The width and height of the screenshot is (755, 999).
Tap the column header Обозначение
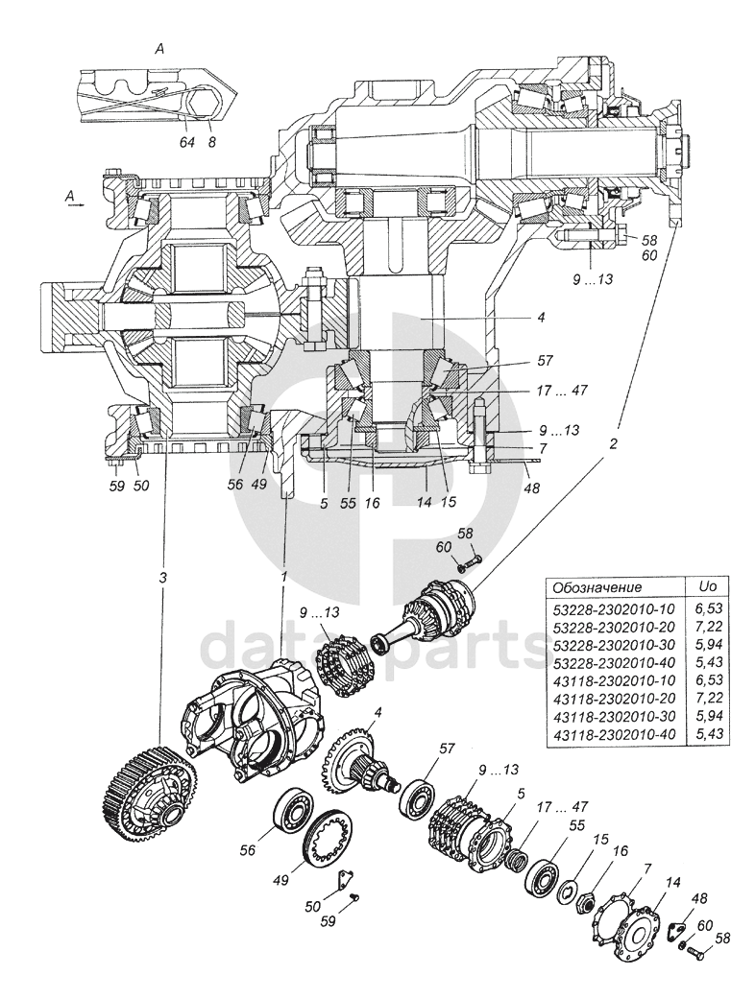597,586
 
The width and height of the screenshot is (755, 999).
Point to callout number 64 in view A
186,142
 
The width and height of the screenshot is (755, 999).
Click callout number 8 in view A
211,142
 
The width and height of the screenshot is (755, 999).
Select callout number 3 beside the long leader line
163,579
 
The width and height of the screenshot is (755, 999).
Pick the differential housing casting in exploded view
251,717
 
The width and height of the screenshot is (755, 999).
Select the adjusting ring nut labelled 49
329,836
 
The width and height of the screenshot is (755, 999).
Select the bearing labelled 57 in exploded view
417,794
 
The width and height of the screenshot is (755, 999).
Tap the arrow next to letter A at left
75,206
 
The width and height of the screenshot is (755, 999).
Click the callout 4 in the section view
541,317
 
